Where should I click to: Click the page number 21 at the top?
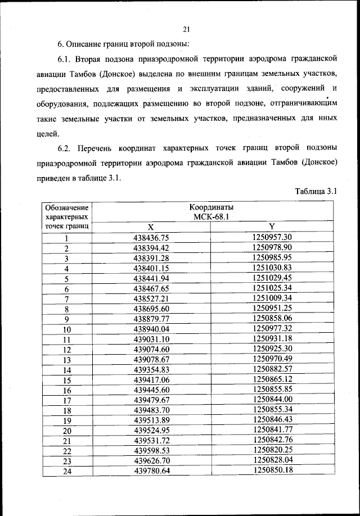pyautogui.click(x=187, y=30)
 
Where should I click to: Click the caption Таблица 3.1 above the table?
pyautogui.click(x=316, y=191)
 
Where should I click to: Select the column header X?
pyautogui.click(x=150, y=227)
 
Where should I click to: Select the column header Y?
pyautogui.click(x=272, y=227)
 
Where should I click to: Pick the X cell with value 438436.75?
pyautogui.click(x=151, y=237)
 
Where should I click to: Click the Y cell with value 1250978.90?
pyautogui.click(x=272, y=247)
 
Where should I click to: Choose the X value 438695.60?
pyautogui.click(x=151, y=309)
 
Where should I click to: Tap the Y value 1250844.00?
pyautogui.click(x=272, y=400)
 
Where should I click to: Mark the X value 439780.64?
pyautogui.click(x=151, y=471)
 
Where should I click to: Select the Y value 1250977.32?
pyautogui.click(x=272, y=329)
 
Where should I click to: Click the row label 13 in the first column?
pyautogui.click(x=67, y=360)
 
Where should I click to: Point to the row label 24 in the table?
pyautogui.click(x=67, y=472)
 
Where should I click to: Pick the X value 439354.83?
pyautogui.click(x=151, y=370)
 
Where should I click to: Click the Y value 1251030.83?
pyautogui.click(x=272, y=268)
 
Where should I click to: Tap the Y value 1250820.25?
pyautogui.click(x=272, y=450)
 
